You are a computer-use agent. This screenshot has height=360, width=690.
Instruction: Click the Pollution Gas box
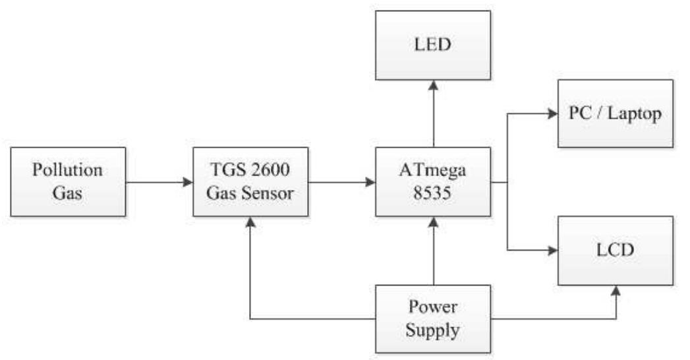tap(68, 182)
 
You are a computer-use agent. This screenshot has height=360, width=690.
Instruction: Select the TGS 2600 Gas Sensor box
tap(250, 182)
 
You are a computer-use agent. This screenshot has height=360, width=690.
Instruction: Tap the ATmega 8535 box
tap(433, 182)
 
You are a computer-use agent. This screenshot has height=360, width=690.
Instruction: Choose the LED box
tap(433, 45)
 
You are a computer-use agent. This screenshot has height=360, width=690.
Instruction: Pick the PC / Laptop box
tap(616, 113)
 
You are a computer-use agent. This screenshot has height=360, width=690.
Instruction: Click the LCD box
tap(616, 251)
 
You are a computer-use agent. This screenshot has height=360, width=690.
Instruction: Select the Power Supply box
tap(433, 318)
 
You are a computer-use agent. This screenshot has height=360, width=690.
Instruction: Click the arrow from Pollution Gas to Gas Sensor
tap(158, 182)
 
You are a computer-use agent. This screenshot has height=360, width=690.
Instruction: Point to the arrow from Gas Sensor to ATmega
tap(341, 182)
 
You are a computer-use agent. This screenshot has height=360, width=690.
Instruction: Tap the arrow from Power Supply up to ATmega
tap(433, 251)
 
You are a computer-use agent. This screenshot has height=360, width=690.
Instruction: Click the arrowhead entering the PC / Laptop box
tap(552, 113)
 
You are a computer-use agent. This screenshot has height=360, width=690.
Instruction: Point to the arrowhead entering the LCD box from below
tap(616, 291)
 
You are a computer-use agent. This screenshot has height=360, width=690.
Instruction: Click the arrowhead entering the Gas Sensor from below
tap(250, 223)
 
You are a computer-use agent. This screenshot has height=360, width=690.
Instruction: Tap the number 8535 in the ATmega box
tap(433, 194)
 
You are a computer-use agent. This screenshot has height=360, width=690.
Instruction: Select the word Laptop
tap(636, 113)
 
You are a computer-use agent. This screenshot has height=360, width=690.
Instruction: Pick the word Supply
tap(433, 330)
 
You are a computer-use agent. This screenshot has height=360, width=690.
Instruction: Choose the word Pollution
tap(68, 171)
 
